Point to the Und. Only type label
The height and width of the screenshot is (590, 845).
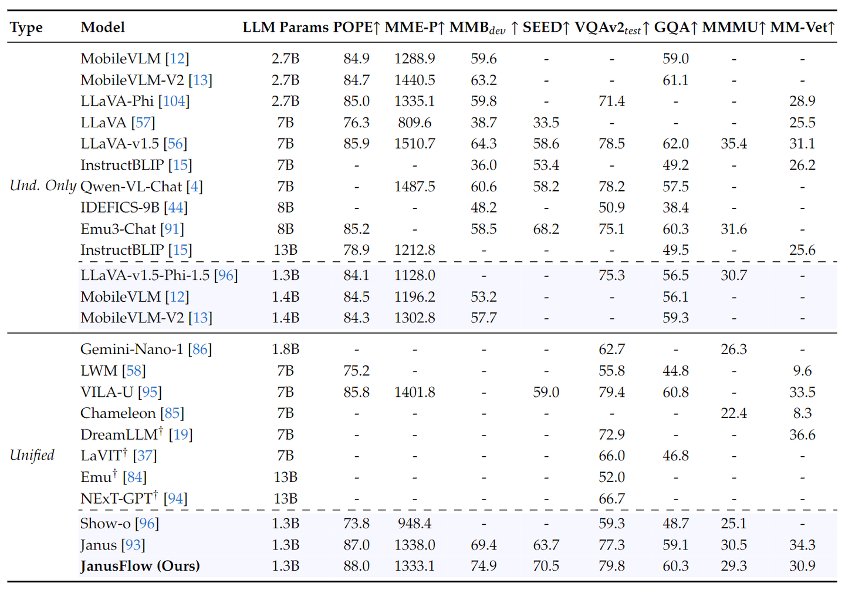pos(43,186)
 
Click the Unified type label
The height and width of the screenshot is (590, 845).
pos(32,455)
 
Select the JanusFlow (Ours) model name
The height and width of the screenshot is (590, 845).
pos(140,566)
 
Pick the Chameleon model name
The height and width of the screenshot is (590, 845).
pos(118,413)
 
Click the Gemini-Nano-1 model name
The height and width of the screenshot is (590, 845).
pos(133,349)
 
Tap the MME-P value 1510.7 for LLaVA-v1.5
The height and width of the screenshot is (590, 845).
pos(414,144)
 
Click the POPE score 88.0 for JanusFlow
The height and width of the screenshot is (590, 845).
pos(356,566)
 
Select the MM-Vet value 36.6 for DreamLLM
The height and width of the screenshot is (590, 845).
pos(802,434)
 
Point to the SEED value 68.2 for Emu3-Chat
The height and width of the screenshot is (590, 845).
pos(546,229)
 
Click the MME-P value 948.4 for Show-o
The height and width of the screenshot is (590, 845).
pos(414,524)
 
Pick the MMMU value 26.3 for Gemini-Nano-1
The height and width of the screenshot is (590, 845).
pos(734,349)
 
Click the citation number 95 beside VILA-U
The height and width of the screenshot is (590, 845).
pos(150,392)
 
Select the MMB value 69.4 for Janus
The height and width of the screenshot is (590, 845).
pos(484,545)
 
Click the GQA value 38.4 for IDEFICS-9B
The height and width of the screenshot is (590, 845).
pos(675,207)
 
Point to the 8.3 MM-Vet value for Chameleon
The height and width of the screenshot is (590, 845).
pos(802,413)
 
